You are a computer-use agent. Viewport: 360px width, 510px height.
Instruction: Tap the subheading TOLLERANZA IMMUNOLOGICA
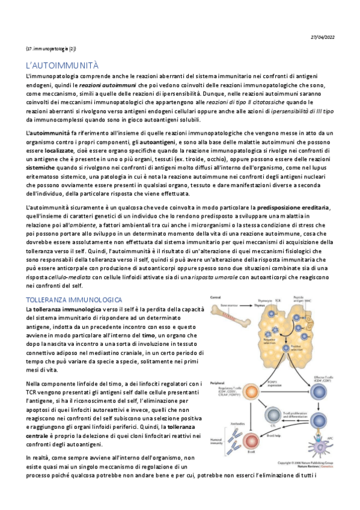[x=74, y=299]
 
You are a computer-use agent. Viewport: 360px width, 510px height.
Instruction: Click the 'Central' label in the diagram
[x=215, y=297]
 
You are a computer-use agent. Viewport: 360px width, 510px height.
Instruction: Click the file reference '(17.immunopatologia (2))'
[x=50, y=48]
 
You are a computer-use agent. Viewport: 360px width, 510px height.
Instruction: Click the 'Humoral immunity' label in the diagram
[x=217, y=446]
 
